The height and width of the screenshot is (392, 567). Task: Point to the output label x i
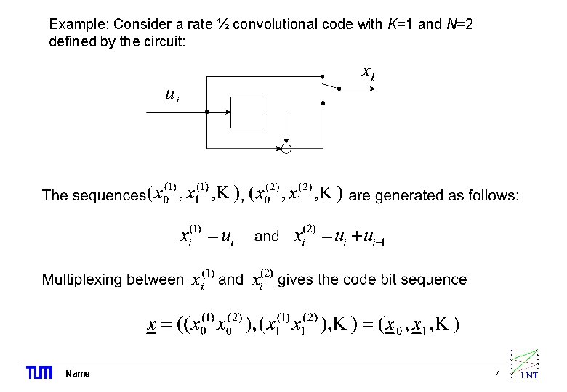pos(368,72)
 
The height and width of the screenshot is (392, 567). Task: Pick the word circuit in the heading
pos(167,42)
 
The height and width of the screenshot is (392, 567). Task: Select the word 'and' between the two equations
pos(267,236)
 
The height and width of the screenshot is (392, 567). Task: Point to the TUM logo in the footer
pos(39,373)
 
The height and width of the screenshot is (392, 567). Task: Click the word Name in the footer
pos(78,374)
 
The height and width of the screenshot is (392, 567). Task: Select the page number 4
pos(498,374)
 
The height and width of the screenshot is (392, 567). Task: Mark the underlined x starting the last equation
pos(152,324)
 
